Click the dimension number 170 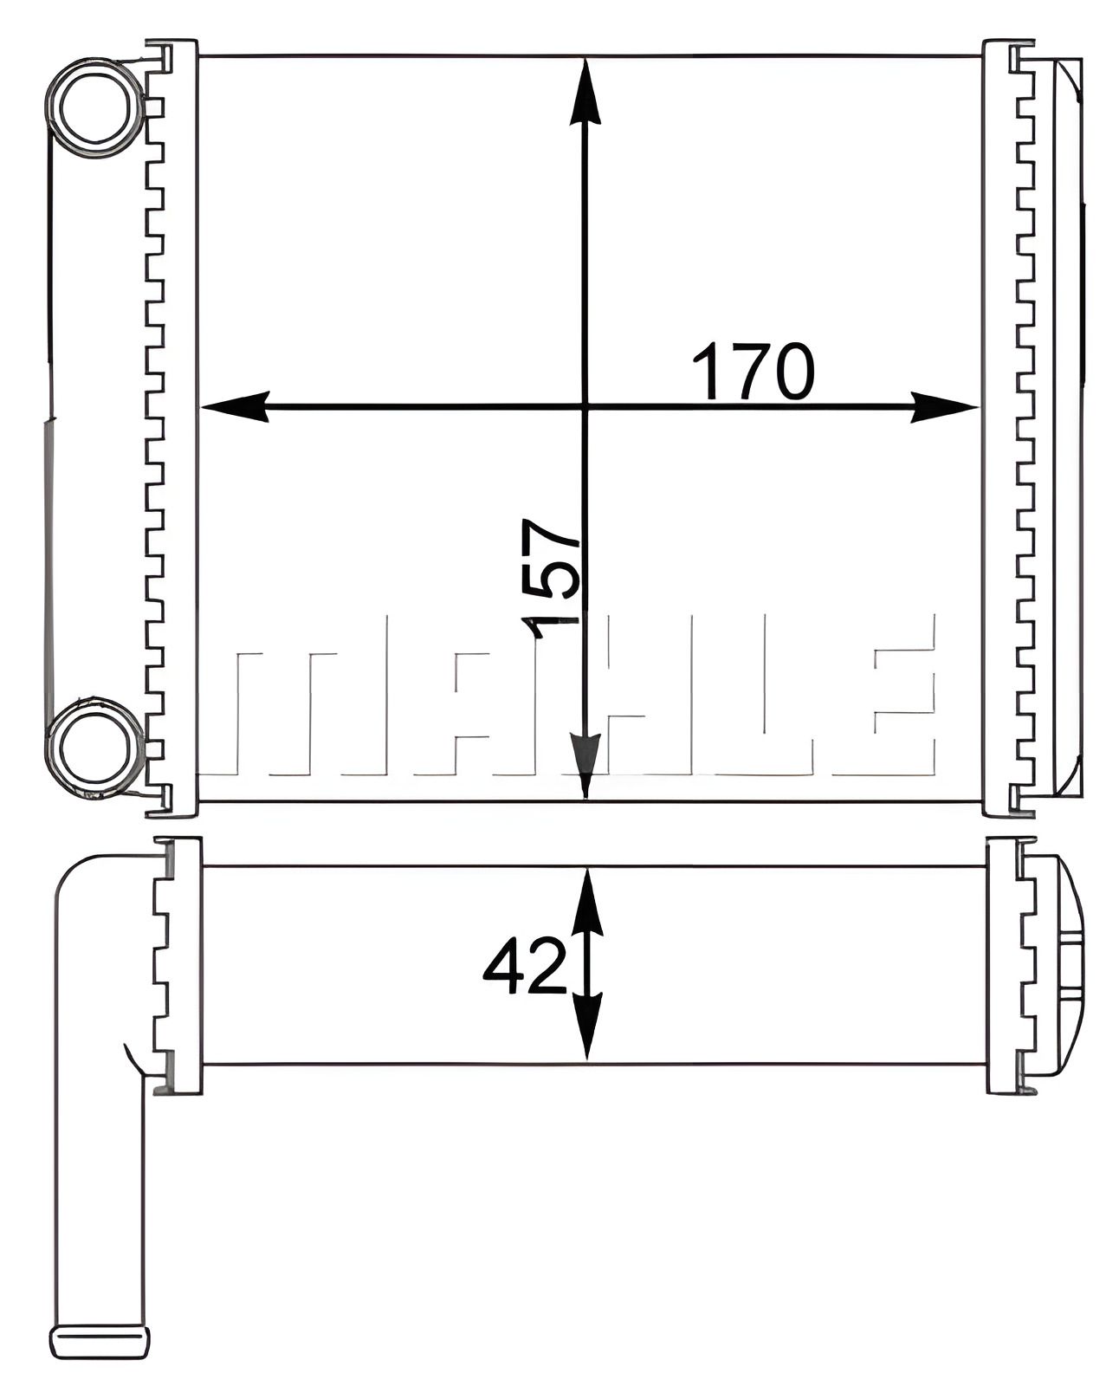click(752, 372)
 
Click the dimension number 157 click(551, 578)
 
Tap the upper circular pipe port click(94, 108)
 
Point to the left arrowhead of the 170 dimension click(234, 406)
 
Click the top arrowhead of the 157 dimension click(586, 91)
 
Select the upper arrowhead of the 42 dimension click(587, 901)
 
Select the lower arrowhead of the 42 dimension click(587, 1027)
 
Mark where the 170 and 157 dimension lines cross click(586, 406)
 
